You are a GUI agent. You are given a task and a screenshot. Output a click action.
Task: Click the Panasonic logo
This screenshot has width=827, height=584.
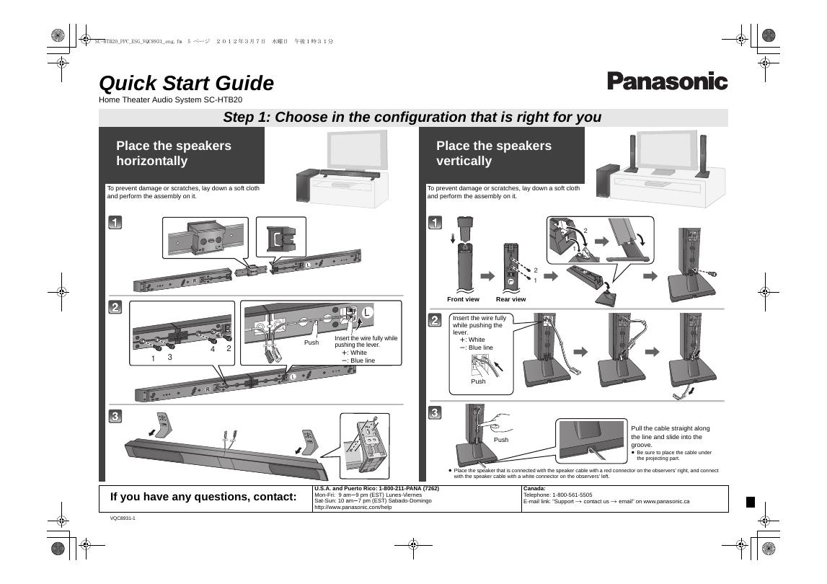(x=667, y=81)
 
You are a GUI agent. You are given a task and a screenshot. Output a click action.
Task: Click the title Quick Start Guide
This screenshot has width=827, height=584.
(x=186, y=84)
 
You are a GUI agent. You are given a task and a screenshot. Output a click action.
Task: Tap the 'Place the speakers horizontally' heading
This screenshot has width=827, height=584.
(x=174, y=153)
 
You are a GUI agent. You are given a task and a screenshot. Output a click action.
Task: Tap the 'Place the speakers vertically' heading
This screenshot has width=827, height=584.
(x=493, y=153)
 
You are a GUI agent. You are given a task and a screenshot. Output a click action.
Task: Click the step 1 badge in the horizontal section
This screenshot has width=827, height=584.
(x=115, y=223)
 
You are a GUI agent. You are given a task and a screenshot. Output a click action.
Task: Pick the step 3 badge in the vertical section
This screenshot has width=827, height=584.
(x=435, y=413)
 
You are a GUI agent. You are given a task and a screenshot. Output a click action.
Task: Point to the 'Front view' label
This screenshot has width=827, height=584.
(x=463, y=299)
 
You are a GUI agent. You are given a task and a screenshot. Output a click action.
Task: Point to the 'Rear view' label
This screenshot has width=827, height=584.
(x=510, y=299)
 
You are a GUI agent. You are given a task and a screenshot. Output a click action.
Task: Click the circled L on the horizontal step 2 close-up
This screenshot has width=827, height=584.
(x=367, y=312)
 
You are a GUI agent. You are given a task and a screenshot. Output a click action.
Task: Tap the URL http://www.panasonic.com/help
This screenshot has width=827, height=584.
(x=353, y=507)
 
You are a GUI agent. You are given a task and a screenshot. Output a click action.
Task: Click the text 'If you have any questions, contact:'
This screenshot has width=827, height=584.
(x=203, y=497)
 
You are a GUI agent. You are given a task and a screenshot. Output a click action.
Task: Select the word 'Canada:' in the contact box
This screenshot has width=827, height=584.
(x=534, y=489)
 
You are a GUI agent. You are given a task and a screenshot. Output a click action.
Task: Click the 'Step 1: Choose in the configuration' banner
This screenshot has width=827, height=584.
(x=412, y=118)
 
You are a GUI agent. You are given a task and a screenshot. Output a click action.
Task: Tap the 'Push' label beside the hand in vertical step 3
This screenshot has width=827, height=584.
(x=500, y=439)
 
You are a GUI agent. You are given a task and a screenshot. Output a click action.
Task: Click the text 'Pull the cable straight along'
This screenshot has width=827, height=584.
(x=671, y=428)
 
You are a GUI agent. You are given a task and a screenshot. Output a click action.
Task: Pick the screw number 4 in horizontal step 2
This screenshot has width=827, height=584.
(x=213, y=350)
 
